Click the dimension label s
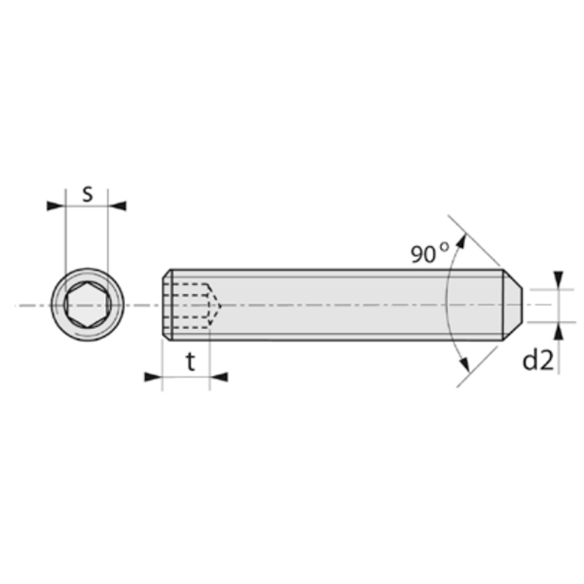[87, 192]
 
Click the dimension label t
[190, 362]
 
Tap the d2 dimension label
[537, 360]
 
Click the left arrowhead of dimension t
[153, 377]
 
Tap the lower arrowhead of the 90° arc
[462, 368]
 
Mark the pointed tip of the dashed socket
[221, 305]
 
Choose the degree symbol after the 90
[445, 247]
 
